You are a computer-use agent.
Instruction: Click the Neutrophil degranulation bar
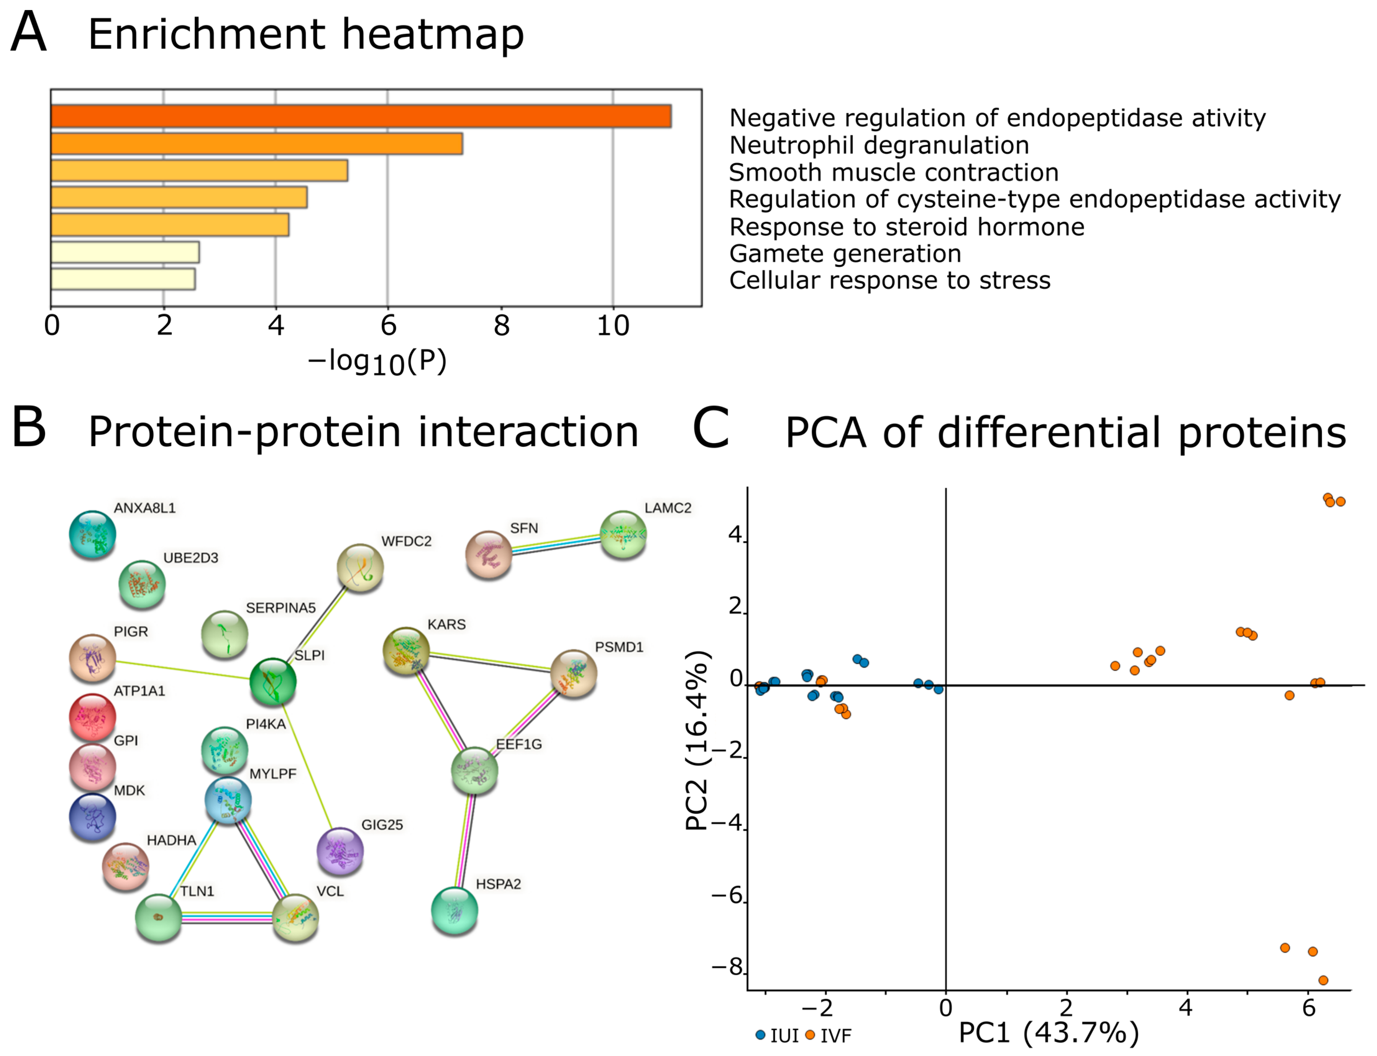click(x=256, y=144)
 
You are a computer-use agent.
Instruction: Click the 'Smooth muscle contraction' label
click(x=893, y=172)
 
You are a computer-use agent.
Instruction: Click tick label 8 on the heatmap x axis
click(x=501, y=326)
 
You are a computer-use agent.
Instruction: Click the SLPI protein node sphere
click(x=273, y=682)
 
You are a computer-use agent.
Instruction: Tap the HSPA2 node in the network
click(x=454, y=910)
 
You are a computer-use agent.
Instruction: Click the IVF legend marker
click(x=810, y=1035)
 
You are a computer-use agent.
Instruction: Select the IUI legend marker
click(x=760, y=1035)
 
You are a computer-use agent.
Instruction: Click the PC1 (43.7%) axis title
click(x=1048, y=1033)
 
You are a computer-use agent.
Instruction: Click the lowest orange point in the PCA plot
click(x=1323, y=980)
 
